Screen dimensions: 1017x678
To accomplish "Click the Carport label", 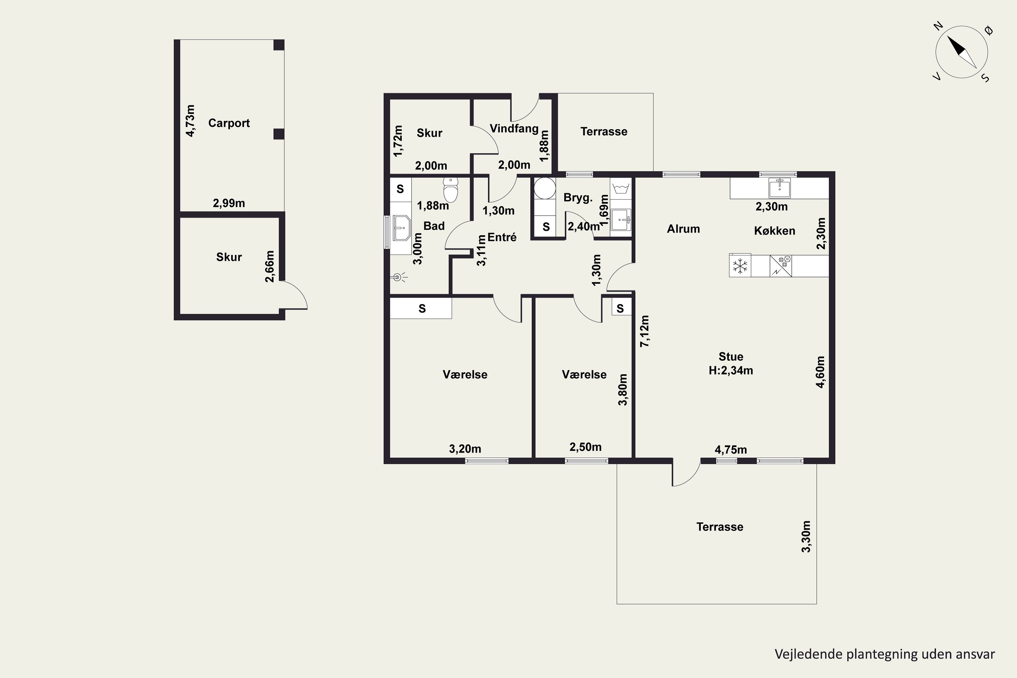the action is pos(229,123).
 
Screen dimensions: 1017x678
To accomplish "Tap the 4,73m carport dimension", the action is pos(190,121).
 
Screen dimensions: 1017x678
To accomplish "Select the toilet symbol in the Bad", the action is pos(451,190).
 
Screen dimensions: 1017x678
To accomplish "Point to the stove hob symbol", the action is pos(781,266).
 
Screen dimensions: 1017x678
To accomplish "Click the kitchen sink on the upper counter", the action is pos(780,188).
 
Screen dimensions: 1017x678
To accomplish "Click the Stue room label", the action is pos(731,357).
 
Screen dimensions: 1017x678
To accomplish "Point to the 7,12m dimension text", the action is pos(645,331).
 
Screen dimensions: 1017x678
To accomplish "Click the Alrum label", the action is pos(683,229).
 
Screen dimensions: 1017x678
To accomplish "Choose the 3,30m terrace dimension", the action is pos(806,536).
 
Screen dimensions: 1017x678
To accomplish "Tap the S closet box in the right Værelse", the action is pos(620,308).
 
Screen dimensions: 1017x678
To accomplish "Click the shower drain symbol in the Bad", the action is pos(399,277).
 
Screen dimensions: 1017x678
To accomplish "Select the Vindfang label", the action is pos(514,128).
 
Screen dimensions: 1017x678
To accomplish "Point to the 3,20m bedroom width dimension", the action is pos(465,449).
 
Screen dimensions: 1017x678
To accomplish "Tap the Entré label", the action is pos(502,237).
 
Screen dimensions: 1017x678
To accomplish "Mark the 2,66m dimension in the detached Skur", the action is pos(270,266).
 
